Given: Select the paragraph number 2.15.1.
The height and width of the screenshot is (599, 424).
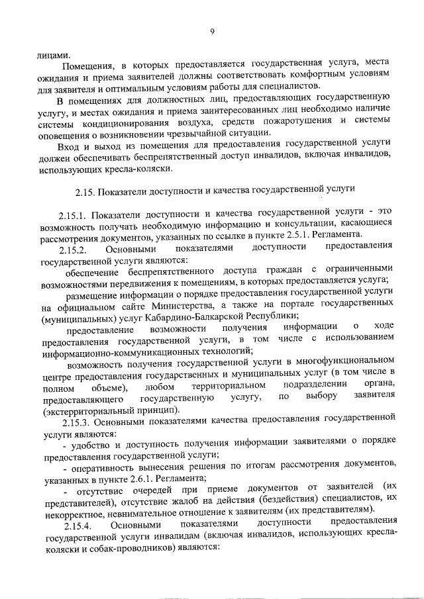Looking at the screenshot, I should pos(73,215).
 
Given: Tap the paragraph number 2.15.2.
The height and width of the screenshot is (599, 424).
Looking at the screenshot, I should pos(73,248).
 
